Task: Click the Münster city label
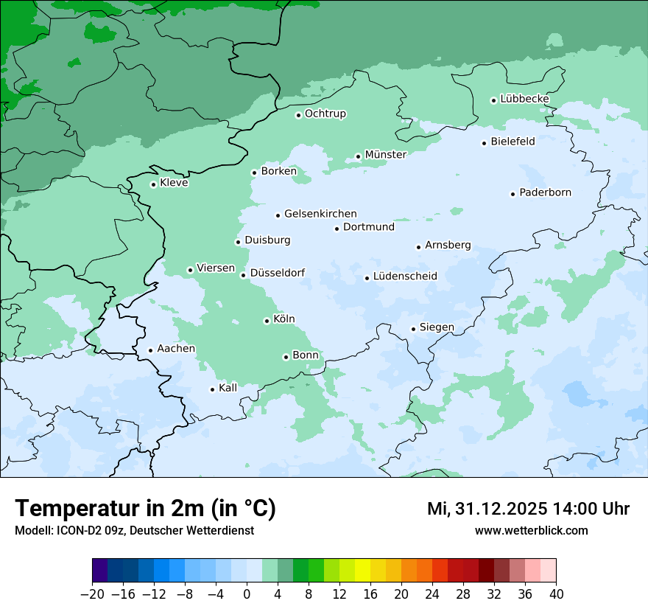point(385,155)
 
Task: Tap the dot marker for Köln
point(267,321)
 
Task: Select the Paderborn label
point(545,193)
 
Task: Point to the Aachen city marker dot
point(150,351)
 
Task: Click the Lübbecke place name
point(524,99)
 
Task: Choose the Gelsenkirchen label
point(320,214)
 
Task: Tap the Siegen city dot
point(414,329)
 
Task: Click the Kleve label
point(174,183)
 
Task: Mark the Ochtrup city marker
point(299,115)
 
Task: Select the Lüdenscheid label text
point(405,277)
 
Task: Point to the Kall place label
point(228,388)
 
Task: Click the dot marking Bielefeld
point(485,143)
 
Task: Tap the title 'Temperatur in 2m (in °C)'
point(145,509)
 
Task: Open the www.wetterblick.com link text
point(531,530)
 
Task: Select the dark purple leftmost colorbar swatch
point(100,571)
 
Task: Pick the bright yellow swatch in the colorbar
point(363,571)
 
